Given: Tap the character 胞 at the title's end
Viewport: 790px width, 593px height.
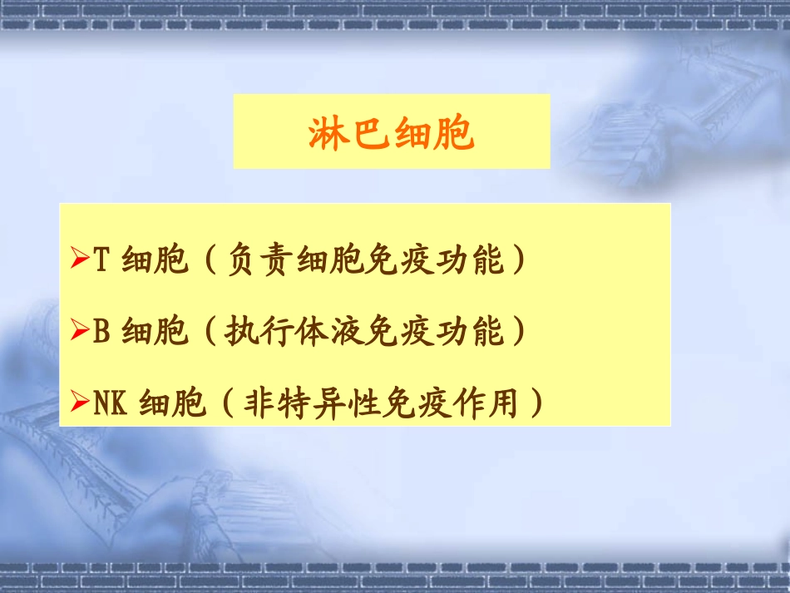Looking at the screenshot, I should coord(455,133).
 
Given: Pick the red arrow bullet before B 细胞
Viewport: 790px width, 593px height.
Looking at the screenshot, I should coord(80,333).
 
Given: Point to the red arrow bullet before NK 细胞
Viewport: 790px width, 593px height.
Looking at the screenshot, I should coord(80,404).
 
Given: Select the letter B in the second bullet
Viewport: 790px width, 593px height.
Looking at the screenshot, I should coord(101,333).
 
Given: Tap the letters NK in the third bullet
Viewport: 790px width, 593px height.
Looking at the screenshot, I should coord(109,404).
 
